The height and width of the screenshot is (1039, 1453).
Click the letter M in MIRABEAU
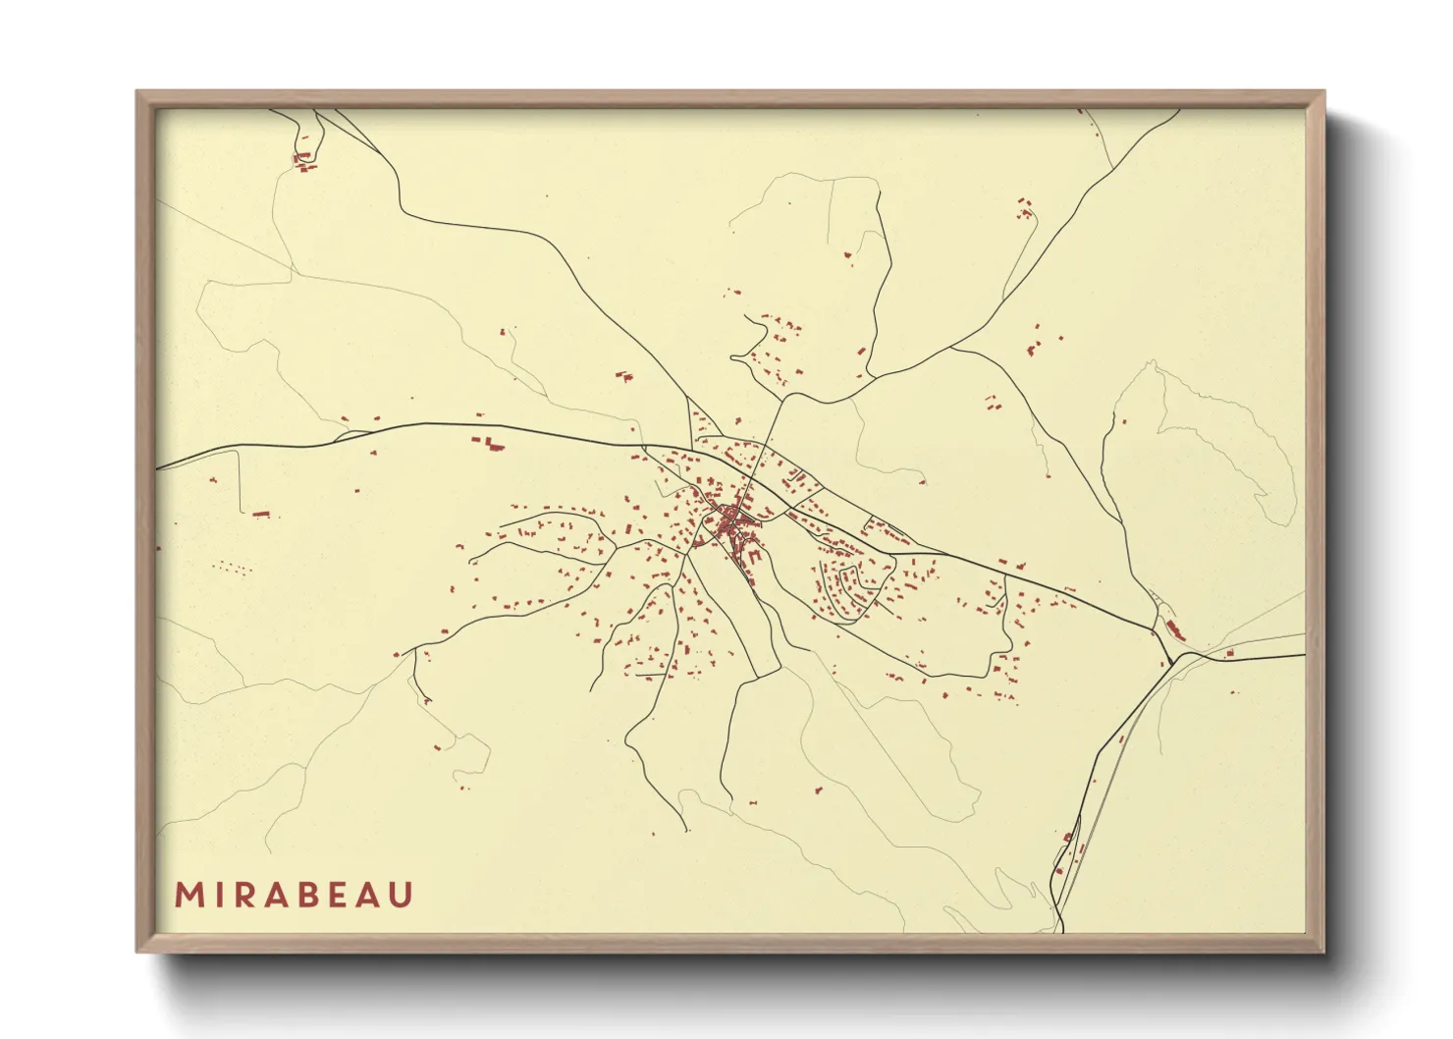(x=188, y=895)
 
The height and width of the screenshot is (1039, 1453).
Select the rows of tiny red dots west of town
(x=233, y=567)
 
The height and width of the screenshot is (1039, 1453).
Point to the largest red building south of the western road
(x=489, y=445)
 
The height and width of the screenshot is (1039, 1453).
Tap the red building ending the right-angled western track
(x=261, y=514)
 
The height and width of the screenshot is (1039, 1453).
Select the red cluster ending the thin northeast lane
(x=1025, y=207)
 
